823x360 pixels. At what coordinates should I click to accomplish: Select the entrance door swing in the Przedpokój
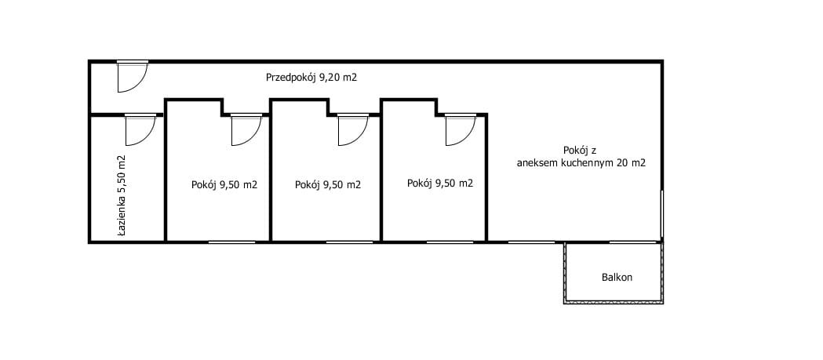pos(132,77)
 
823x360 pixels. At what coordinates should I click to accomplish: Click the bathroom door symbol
pos(140,129)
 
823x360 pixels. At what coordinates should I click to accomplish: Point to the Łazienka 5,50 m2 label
pos(122,196)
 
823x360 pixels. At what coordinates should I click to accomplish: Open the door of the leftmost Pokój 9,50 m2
pos(246,129)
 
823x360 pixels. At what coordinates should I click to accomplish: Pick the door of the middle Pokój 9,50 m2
pos(353,129)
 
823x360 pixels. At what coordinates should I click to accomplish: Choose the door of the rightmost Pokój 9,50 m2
pos(461,129)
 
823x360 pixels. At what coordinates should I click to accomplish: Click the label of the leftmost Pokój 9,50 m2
pos(224,185)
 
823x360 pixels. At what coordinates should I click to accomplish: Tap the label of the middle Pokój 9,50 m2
pos(328,185)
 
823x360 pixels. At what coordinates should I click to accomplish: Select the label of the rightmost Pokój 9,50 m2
pos(440,184)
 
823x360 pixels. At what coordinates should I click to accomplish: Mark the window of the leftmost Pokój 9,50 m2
pos(232,242)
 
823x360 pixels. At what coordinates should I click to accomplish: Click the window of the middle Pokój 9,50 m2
pos(350,242)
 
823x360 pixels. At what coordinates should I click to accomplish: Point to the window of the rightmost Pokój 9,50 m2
pos(450,242)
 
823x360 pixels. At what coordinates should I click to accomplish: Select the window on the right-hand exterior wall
pos(662,213)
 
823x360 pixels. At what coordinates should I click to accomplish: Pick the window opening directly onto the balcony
pos(633,242)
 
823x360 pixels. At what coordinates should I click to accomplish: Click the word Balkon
pos(617,277)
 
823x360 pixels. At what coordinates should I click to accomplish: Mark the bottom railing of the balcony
pos(614,302)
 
